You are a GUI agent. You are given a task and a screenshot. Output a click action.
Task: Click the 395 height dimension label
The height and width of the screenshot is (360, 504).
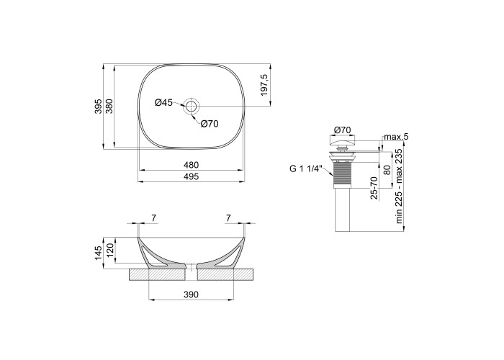pyautogui.click(x=99, y=107)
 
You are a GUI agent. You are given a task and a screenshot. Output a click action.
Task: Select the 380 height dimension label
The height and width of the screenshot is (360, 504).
pyautogui.click(x=109, y=107)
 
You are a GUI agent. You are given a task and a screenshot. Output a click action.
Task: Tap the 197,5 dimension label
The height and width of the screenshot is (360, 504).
pyautogui.click(x=264, y=85)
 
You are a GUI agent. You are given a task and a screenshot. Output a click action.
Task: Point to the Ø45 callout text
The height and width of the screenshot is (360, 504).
pyautogui.click(x=163, y=102)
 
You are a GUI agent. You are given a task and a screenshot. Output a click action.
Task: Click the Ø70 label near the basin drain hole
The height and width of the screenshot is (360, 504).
pyautogui.click(x=210, y=124)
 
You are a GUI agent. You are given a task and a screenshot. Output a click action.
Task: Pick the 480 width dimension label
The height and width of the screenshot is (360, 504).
pyautogui.click(x=192, y=165)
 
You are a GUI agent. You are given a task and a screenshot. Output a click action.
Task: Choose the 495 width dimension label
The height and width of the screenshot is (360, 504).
pyautogui.click(x=192, y=176)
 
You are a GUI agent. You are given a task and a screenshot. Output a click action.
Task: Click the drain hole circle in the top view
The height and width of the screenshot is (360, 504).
pyautogui.click(x=192, y=106)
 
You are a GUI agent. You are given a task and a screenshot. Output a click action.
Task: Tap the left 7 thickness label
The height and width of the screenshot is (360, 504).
pyautogui.click(x=154, y=218)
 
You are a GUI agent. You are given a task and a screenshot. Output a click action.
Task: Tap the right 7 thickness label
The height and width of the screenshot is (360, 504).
pyautogui.click(x=228, y=218)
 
